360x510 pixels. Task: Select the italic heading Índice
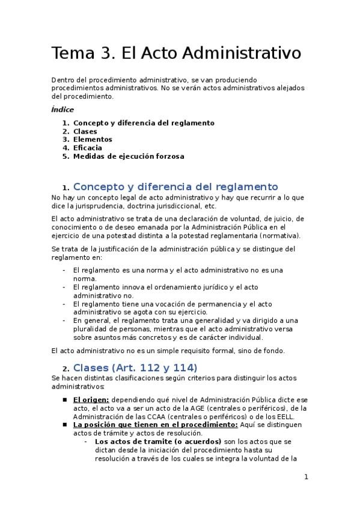point(63,109)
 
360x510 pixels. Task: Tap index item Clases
point(85,131)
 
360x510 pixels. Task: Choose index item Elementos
point(93,140)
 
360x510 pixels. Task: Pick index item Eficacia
point(88,148)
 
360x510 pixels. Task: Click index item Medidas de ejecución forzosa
point(129,156)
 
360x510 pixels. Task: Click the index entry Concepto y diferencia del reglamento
point(144,123)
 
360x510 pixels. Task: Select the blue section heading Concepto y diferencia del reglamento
point(175,186)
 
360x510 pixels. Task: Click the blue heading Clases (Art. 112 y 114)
point(135,367)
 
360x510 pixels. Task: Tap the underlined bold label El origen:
point(91,399)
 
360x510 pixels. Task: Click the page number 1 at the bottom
point(306,478)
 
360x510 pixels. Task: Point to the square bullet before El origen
point(65,399)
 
